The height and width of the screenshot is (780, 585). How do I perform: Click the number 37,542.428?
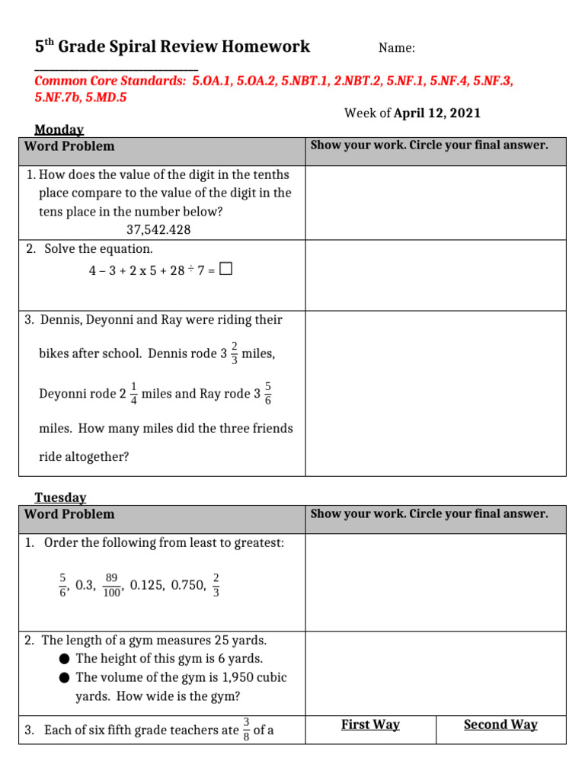point(158,229)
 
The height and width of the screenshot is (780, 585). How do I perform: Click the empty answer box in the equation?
point(225,269)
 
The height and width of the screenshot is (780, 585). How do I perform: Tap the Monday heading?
point(59,130)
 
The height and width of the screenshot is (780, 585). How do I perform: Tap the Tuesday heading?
point(60,497)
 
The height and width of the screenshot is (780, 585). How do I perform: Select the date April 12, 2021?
point(437,113)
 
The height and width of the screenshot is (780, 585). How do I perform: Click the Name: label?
point(397,48)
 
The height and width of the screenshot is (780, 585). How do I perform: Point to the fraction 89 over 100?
point(111,585)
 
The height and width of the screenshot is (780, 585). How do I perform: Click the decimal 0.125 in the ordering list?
point(147,585)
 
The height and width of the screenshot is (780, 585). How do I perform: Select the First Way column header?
point(370,724)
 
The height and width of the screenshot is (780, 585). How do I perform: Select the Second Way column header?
point(500,724)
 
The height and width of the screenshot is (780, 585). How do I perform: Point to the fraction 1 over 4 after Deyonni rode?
point(134,394)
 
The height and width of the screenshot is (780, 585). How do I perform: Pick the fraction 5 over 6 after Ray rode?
point(267,394)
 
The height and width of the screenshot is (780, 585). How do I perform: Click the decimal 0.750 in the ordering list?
point(188,585)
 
